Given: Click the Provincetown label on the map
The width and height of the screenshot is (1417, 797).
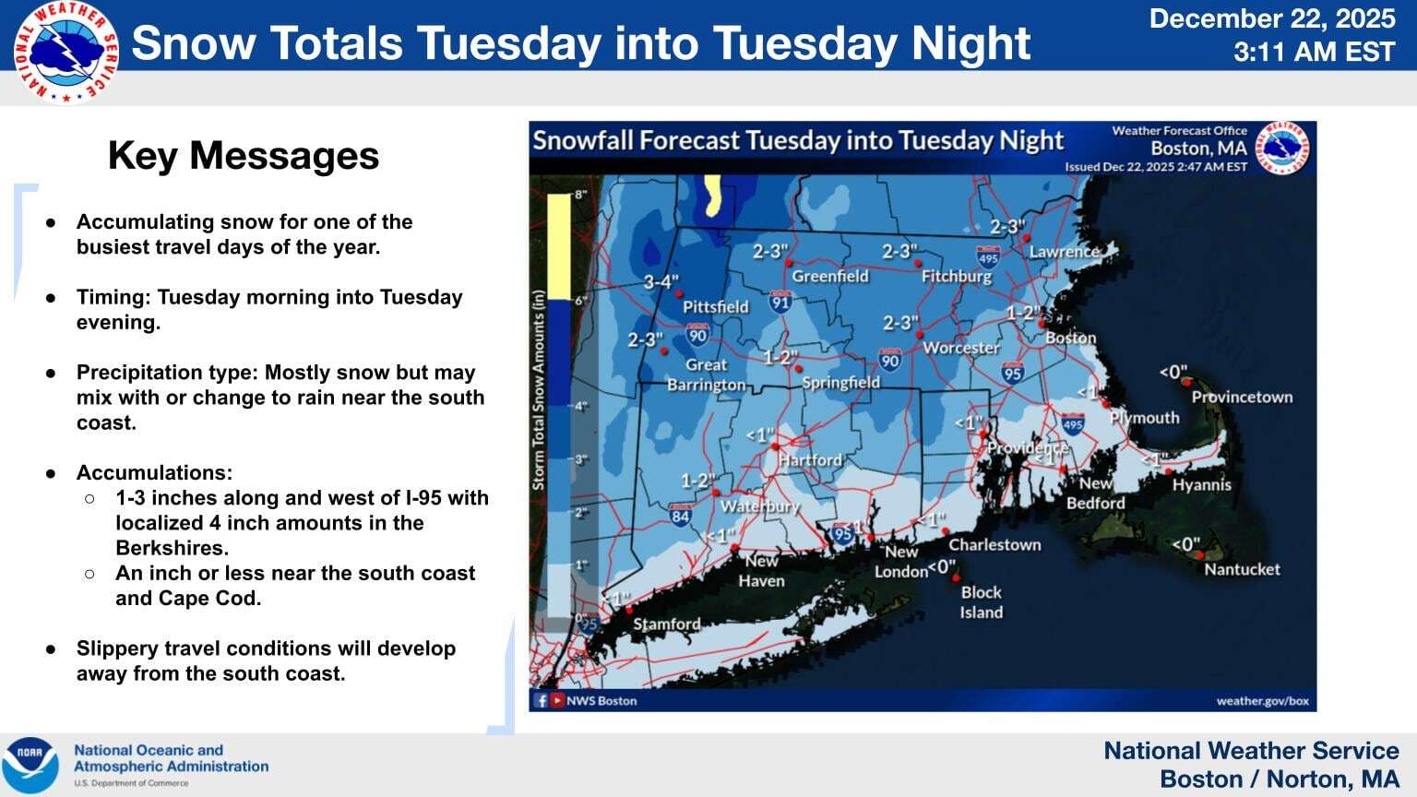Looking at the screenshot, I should [x=1242, y=398].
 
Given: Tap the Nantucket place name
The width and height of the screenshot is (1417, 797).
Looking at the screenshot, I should [x=1242, y=569].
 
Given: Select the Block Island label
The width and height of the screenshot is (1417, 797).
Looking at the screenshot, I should [x=981, y=602].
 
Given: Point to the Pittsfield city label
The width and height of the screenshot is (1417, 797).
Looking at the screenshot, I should [x=715, y=307].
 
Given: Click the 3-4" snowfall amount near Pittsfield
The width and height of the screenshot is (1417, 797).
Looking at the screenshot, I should [x=661, y=281].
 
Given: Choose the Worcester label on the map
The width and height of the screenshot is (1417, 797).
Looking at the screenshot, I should [x=961, y=348].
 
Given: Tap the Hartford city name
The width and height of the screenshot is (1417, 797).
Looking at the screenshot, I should [x=810, y=459].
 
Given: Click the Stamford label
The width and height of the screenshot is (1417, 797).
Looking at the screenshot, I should [x=666, y=625].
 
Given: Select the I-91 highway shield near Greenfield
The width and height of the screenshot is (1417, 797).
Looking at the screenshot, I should [x=780, y=301].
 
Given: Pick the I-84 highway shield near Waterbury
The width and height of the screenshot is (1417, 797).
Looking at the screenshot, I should [x=680, y=515].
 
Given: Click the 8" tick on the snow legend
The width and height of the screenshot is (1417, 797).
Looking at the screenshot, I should [x=580, y=195].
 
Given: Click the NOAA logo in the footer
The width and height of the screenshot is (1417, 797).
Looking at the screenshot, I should [x=30, y=765].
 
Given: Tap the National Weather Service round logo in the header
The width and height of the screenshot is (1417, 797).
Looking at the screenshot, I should [x=65, y=53].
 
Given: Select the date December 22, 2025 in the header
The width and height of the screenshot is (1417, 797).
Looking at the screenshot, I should [x=1272, y=18].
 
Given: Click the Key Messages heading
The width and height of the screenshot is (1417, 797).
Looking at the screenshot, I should [x=244, y=156].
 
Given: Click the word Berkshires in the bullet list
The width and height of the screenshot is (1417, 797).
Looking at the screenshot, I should [x=172, y=548].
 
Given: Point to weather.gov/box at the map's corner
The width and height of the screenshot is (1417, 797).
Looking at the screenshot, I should [x=1262, y=700].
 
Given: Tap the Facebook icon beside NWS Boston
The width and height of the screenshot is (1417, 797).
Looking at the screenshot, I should [x=542, y=700].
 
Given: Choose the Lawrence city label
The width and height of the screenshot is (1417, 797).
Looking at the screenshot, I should [x=1064, y=251].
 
